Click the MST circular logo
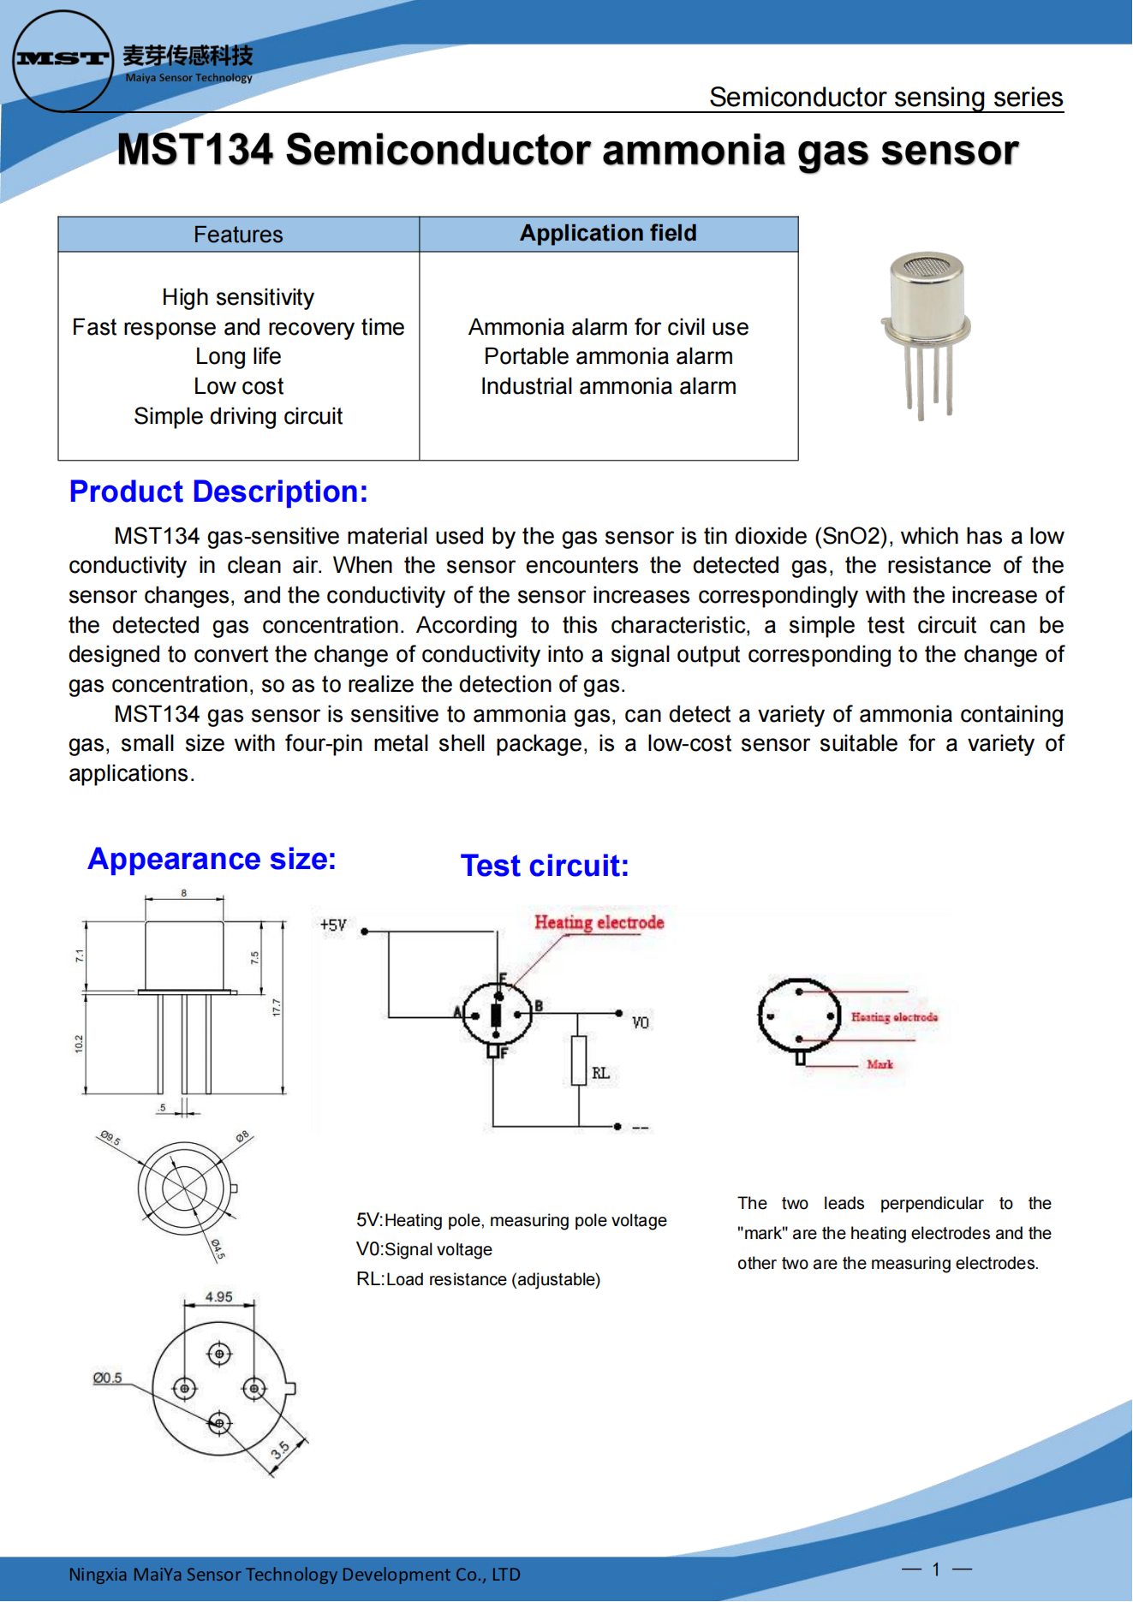pyautogui.click(x=63, y=60)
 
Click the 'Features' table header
pyautogui.click(x=238, y=235)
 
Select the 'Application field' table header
pyautogui.click(x=608, y=234)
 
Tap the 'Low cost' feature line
pyautogui.click(x=238, y=387)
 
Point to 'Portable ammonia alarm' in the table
pyautogui.click(x=608, y=357)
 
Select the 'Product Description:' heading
pyautogui.click(x=218, y=492)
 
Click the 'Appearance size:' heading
pyautogui.click(x=212, y=859)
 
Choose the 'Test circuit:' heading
pyautogui.click(x=545, y=866)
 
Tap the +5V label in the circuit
pyautogui.click(x=332, y=926)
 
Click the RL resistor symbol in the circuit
pyautogui.click(x=579, y=1061)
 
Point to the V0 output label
pyautogui.click(x=640, y=1023)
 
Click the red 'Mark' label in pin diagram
pyautogui.click(x=880, y=1064)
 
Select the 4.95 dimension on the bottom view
pyautogui.click(x=218, y=1297)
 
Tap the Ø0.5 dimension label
pyautogui.click(x=107, y=1379)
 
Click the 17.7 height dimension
pyautogui.click(x=276, y=1008)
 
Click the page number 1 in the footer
pyautogui.click(x=936, y=1569)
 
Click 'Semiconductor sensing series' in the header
pyautogui.click(x=886, y=98)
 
